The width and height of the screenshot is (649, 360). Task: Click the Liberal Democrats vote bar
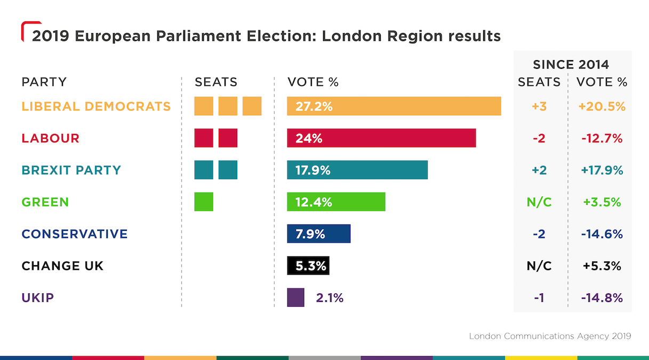(x=394, y=106)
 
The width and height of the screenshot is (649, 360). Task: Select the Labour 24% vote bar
(x=381, y=138)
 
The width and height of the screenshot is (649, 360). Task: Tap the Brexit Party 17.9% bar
(x=357, y=170)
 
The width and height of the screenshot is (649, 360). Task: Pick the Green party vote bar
(x=336, y=202)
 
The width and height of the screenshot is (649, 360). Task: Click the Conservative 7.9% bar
(x=318, y=234)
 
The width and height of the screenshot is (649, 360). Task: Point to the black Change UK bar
(x=308, y=266)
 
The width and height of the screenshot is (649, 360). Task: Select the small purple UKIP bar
(x=295, y=298)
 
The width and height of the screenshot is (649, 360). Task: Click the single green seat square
(x=204, y=202)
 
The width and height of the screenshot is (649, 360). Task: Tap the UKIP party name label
(x=38, y=298)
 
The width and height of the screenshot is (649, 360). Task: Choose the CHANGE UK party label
(x=62, y=266)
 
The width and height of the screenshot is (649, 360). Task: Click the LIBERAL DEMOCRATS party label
(x=96, y=106)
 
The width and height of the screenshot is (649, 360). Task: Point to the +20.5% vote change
(x=602, y=106)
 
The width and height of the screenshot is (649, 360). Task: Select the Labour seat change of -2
(x=539, y=138)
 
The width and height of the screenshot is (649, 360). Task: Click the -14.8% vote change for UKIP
(x=602, y=298)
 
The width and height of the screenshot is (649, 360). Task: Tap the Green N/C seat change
(x=539, y=202)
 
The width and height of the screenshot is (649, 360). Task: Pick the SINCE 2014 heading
(x=571, y=65)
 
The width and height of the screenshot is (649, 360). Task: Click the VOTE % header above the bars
(x=313, y=82)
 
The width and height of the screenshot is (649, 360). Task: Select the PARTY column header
(x=44, y=82)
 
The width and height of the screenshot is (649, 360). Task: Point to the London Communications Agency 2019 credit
(x=550, y=336)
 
